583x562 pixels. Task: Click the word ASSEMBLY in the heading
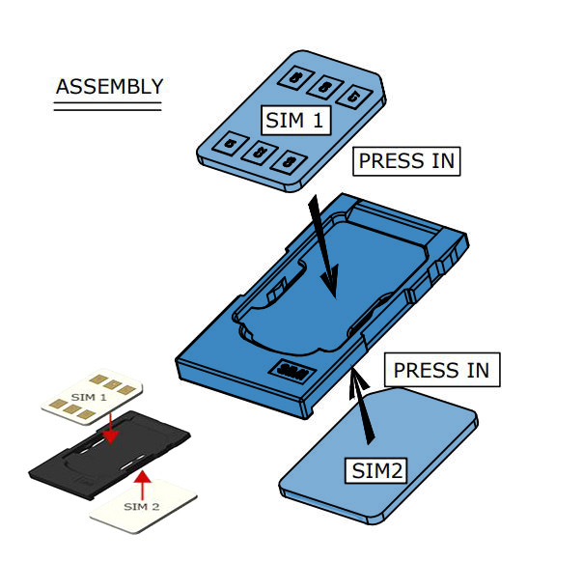[x=109, y=86]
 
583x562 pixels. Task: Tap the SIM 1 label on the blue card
[x=294, y=120]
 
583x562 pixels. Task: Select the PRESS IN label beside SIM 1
[x=406, y=160]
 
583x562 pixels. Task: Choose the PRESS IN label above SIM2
[x=442, y=370]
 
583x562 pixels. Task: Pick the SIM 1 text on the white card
[x=89, y=398]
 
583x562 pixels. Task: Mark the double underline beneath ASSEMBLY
[x=107, y=107]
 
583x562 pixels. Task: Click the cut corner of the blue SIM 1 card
[x=379, y=92]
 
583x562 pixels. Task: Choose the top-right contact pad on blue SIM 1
[x=355, y=96]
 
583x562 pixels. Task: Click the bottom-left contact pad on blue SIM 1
[x=230, y=144]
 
